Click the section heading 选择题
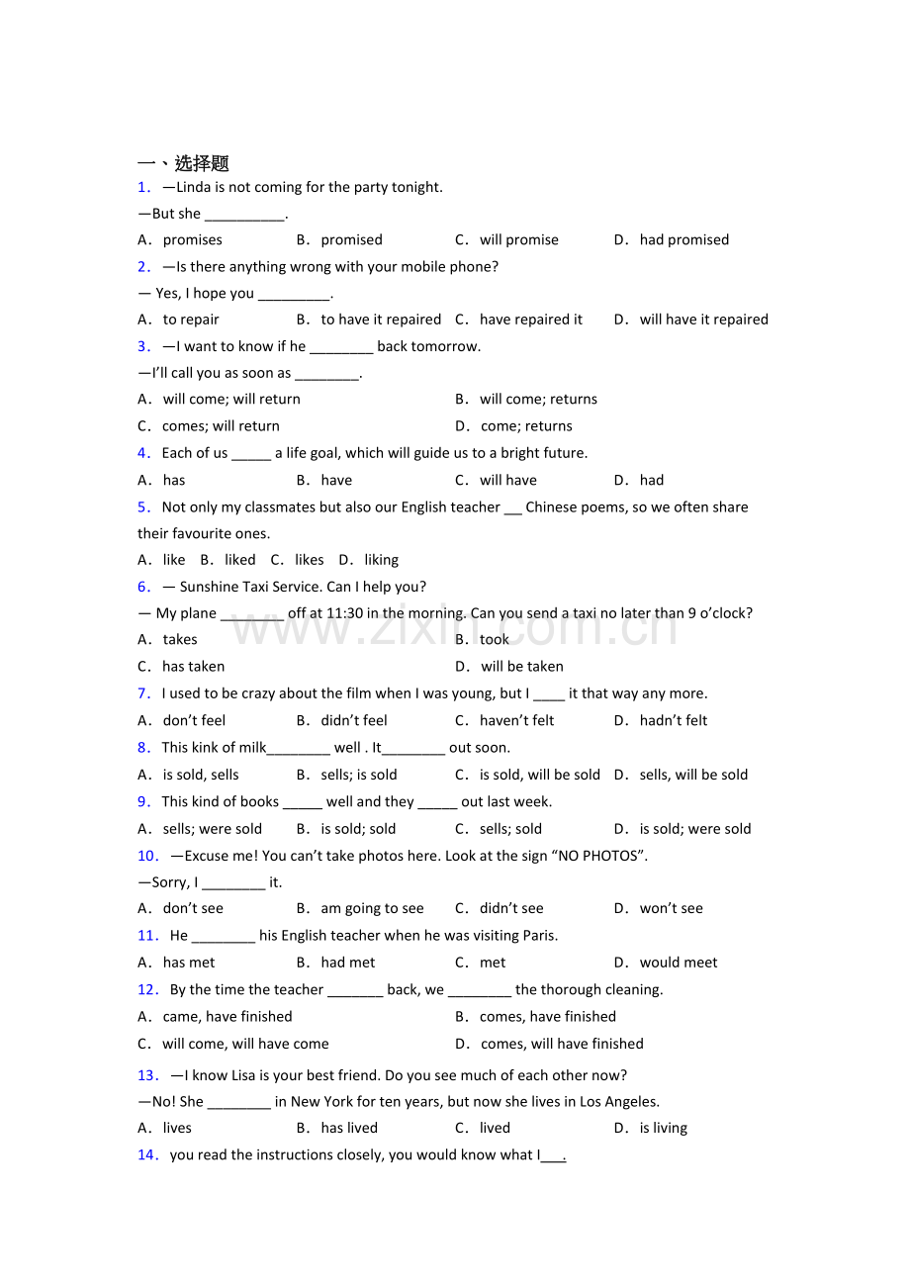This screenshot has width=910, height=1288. tap(202, 163)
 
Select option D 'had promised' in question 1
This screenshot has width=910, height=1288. tap(683, 239)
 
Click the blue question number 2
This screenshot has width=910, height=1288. tap(144, 266)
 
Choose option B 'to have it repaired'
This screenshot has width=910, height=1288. tap(381, 320)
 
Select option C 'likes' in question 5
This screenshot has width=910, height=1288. tap(309, 560)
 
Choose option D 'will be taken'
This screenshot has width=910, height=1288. tap(521, 667)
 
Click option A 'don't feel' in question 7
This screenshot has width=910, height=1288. tap(194, 720)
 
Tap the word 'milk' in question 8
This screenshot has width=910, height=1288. tap(252, 748)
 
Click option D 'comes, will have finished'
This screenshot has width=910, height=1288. tap(562, 1044)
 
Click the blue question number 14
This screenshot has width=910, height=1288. tap(147, 1154)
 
